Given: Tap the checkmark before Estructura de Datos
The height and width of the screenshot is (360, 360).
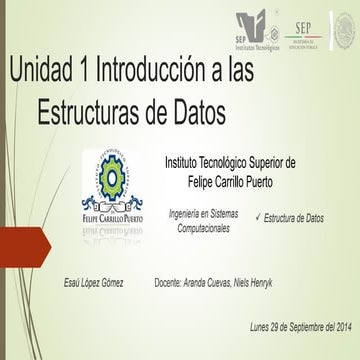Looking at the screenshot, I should point(259,217).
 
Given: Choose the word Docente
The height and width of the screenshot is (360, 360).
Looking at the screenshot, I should point(174,284).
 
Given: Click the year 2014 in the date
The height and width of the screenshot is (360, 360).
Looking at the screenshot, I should point(341,327).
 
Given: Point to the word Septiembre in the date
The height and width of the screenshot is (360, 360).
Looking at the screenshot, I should point(289,327).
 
